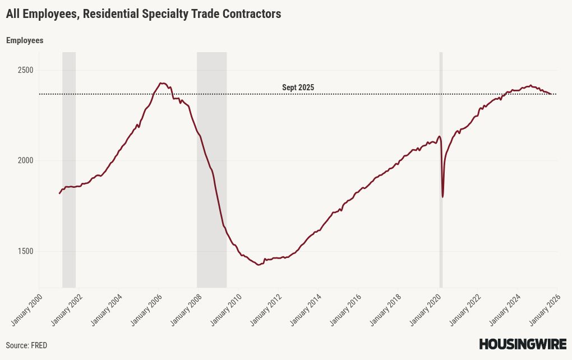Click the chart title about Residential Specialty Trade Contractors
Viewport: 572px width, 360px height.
point(144,14)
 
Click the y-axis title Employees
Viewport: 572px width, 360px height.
point(25,40)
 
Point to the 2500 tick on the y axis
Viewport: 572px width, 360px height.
point(25,70)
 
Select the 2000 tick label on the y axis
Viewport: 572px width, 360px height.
point(25,160)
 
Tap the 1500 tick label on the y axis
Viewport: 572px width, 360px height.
point(25,251)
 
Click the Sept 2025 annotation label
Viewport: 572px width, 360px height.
point(298,87)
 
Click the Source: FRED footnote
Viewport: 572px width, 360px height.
point(26,345)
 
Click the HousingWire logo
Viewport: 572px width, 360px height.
point(523,344)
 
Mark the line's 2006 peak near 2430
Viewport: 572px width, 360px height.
point(161,83)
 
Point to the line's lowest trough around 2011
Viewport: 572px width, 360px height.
point(259,265)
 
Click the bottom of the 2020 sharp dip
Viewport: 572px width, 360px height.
point(443,197)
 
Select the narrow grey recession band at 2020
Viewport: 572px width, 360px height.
point(441,168)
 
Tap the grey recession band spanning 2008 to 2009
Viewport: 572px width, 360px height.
point(211,168)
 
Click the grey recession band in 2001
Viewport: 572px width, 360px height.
point(69,168)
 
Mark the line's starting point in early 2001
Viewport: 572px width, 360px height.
point(59,193)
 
